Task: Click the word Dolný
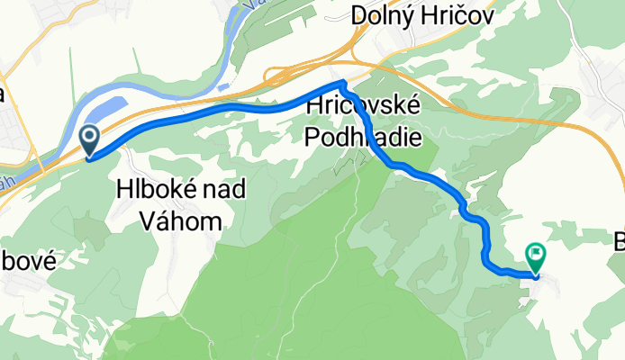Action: pyautogui.click(x=385, y=15)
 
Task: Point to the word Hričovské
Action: pyautogui.click(x=364, y=106)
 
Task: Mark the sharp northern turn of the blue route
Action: pyautogui.click(x=342, y=83)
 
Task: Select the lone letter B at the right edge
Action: pyautogui.click(x=619, y=241)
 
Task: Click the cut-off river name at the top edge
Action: pyautogui.click(x=243, y=4)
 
